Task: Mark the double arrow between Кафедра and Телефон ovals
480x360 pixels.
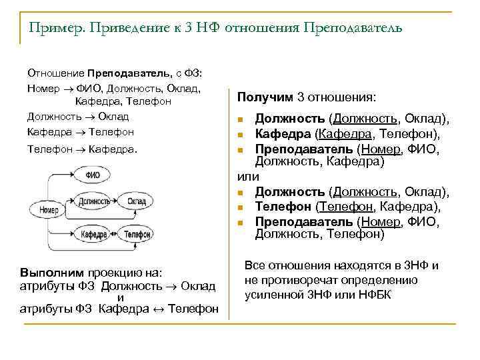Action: pos(114,234)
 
